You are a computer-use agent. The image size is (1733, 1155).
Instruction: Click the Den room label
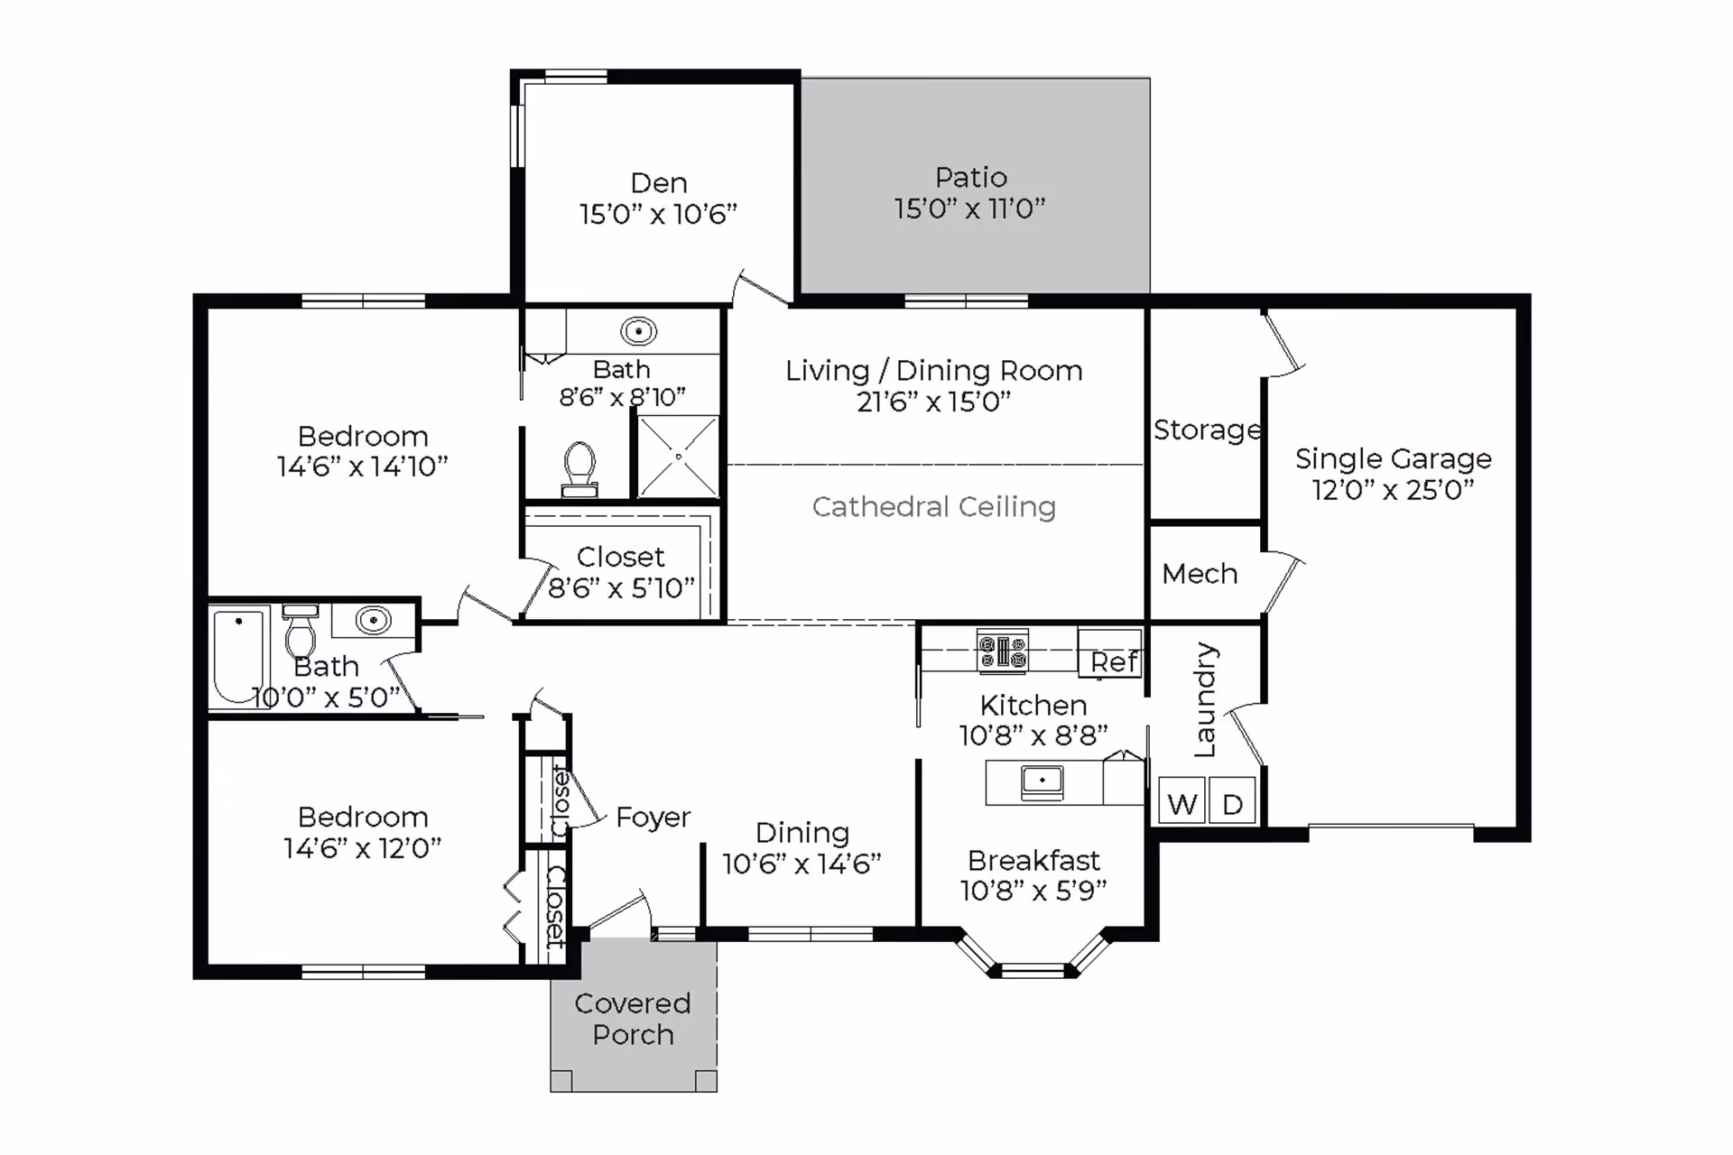[659, 183]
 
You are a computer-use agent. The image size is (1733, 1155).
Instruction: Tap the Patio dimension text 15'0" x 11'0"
[969, 208]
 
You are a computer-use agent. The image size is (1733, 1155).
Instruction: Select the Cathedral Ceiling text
[933, 507]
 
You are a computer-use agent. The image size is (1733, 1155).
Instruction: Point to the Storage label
[1207, 430]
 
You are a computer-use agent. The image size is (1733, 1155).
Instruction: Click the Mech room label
[1200, 574]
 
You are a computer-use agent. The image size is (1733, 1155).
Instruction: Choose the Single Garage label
[1393, 459]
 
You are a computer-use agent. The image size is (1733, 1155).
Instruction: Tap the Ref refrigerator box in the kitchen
[1110, 651]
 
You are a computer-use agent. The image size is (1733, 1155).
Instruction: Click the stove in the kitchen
[1003, 651]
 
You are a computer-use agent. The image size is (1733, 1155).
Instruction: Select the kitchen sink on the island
[1043, 782]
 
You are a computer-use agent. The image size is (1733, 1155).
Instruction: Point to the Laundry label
[1205, 699]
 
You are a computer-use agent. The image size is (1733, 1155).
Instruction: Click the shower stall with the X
[679, 457]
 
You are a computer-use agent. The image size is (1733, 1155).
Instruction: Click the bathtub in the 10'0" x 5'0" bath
[239, 656]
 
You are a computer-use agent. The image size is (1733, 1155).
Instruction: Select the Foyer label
[653, 818]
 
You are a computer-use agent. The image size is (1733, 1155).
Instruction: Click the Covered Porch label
[633, 1019]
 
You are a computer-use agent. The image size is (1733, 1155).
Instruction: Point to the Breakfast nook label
[1033, 860]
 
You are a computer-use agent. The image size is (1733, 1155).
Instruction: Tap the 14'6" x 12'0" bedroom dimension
[362, 848]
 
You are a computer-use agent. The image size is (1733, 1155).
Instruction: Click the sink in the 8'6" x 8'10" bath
[638, 331]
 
